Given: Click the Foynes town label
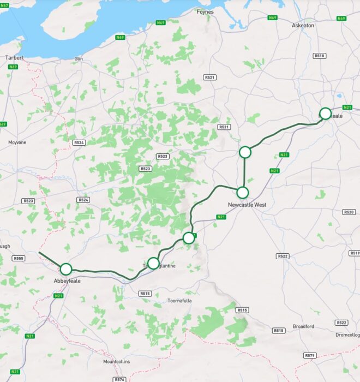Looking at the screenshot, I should coord(205,11).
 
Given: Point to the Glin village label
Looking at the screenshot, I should coord(78,58).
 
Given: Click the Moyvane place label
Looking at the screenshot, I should coord(17,142).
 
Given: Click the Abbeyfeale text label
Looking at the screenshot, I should coord(67,280).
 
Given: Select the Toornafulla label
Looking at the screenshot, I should coord(180,300).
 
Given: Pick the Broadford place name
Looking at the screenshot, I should coord(303,326).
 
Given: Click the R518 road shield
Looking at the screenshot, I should coord(319,56).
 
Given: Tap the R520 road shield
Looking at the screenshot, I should coord(349,212).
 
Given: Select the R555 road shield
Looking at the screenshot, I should coord(19,258).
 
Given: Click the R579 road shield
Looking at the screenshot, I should coord(310,355).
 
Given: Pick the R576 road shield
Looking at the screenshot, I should coord(120,379).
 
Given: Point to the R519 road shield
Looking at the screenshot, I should coord(355,253).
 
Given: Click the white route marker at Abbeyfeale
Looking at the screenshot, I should coord(66,268).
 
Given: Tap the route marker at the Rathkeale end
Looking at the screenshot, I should coord(325,114).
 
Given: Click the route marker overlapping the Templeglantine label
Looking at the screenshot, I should coord(153,263).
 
